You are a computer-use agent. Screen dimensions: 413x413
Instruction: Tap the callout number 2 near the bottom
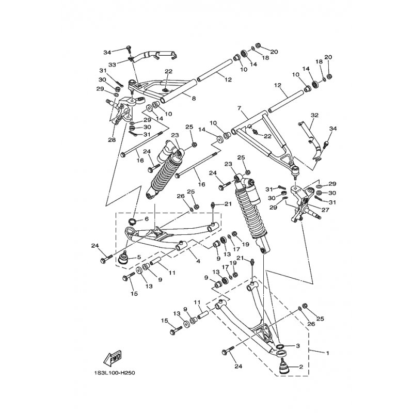(x=300, y=368)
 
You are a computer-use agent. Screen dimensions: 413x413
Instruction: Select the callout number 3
(x=298, y=346)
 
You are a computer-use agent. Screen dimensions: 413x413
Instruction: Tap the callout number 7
(x=240, y=109)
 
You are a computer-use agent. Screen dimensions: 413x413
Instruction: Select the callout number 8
(x=179, y=98)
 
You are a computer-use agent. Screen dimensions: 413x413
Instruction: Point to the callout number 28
(x=111, y=140)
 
